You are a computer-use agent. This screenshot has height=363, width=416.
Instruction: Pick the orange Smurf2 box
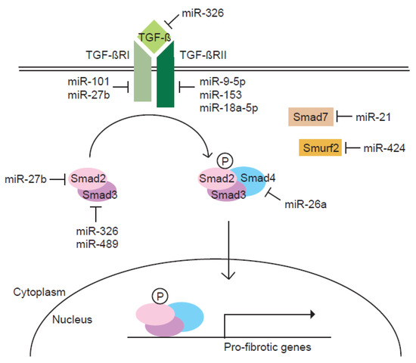(x=318, y=148)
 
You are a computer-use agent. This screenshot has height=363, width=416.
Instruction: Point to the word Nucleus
(x=73, y=319)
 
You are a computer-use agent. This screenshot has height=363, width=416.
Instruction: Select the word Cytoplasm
(x=37, y=290)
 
